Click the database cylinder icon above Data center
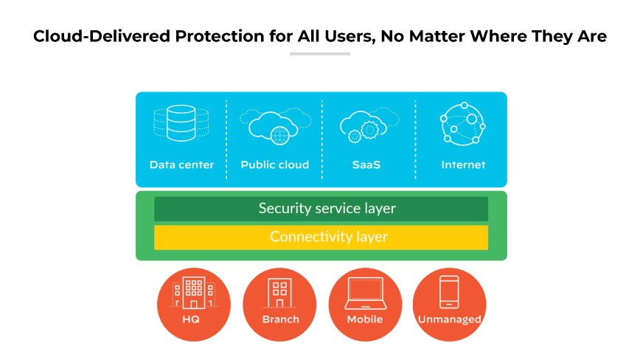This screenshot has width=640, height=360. [181, 122]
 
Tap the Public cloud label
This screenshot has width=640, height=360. [274, 165]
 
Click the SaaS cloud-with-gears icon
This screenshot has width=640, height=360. [366, 125]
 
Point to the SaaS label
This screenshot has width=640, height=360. [366, 165]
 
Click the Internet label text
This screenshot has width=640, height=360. [463, 165]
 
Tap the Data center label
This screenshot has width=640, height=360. [181, 165]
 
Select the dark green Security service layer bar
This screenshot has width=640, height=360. [321, 209]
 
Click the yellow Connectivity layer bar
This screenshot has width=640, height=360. [321, 238]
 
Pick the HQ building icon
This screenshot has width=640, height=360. [194, 293]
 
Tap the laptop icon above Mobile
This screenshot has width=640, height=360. [365, 293]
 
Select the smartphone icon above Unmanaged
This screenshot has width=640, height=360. [449, 291]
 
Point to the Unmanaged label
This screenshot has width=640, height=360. [449, 319]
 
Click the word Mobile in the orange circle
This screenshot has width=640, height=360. [365, 319]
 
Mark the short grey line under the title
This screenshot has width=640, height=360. [319, 54]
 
